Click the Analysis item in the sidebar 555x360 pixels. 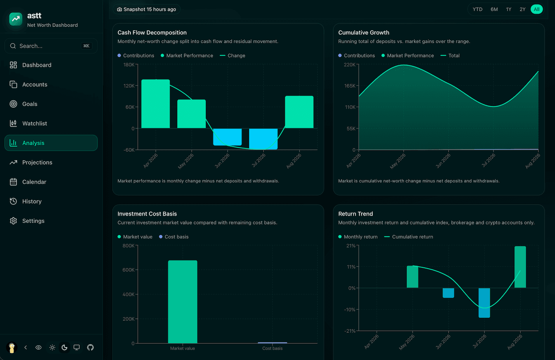point(51,143)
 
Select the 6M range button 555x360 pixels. point(494,9)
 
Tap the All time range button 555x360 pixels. point(536,9)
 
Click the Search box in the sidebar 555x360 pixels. point(51,46)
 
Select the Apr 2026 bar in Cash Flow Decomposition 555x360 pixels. point(156,104)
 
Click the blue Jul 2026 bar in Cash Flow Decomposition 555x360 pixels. point(263,139)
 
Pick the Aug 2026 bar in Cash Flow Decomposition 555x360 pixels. point(299,112)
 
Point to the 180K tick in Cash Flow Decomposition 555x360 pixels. point(129,65)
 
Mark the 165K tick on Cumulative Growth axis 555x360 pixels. point(350,86)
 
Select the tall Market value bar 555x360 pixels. point(182,302)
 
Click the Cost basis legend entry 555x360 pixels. point(174,237)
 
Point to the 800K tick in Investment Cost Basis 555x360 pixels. point(128,246)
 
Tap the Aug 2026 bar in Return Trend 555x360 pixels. point(520,267)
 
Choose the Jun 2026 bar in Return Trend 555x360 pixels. point(448,293)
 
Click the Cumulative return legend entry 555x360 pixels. point(409,237)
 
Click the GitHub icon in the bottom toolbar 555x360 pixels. point(90,347)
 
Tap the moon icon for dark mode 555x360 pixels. point(64,347)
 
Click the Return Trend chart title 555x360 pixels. point(355,214)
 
